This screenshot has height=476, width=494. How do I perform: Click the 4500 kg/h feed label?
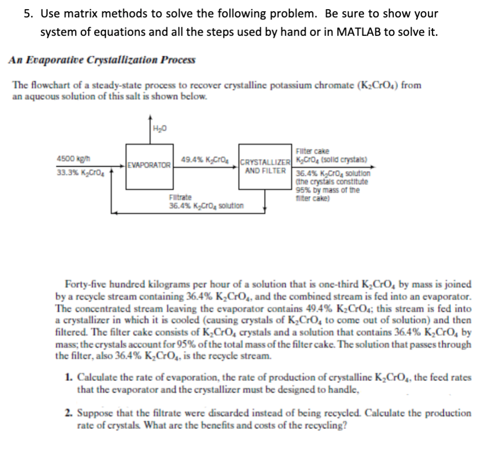click(68, 159)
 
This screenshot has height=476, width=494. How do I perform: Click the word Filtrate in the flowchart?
click(180, 197)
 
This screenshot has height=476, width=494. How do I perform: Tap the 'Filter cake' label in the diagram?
click(310, 150)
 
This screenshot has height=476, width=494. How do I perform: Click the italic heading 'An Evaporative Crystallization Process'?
click(102, 59)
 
